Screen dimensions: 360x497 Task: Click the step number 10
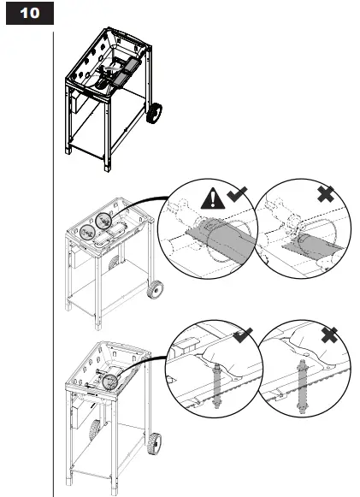(30, 13)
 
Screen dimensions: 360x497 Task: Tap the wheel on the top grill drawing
(154, 114)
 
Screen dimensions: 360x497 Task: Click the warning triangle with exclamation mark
(213, 198)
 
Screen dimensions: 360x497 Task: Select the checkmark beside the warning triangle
(237, 194)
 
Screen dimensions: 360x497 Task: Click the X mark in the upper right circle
(326, 194)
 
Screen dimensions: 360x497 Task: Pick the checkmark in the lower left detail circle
(243, 335)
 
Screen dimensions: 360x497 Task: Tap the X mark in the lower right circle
(329, 335)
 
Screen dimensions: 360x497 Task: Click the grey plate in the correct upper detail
(221, 240)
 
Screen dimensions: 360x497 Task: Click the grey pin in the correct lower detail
(217, 386)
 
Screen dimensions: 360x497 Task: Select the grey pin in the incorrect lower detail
(302, 387)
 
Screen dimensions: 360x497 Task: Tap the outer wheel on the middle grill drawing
(156, 289)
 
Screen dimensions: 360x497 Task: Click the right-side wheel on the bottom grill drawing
(154, 444)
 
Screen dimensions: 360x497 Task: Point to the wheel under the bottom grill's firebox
(94, 430)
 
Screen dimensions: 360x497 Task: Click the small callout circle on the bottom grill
(110, 382)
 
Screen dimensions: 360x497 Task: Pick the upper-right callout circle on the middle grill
(103, 221)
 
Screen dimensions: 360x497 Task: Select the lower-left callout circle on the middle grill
(87, 233)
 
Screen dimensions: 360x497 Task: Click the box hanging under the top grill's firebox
(80, 102)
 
